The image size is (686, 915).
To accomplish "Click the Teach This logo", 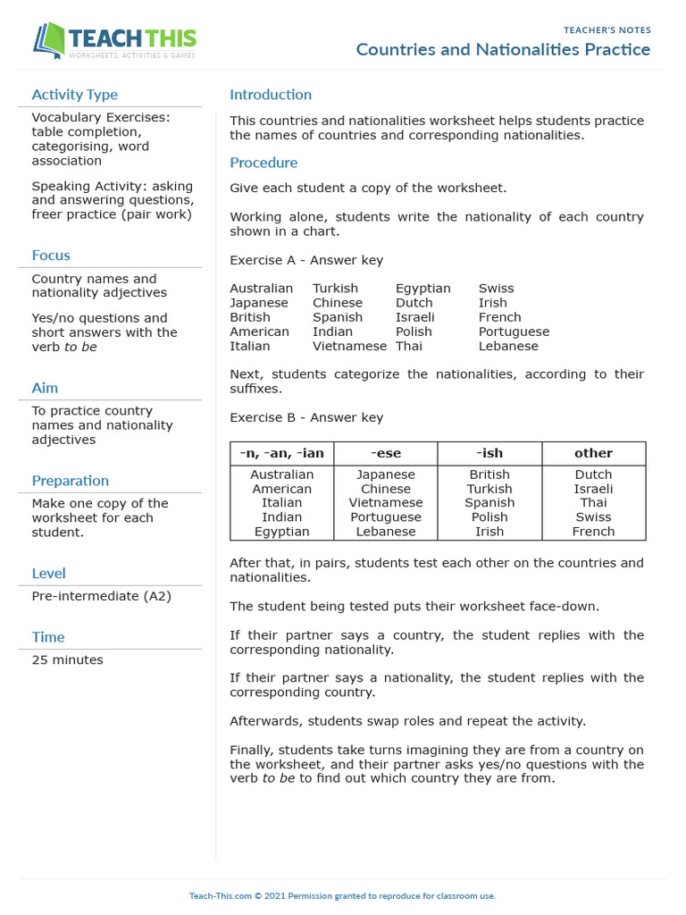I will [115, 40].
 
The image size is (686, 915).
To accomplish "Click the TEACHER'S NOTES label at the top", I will [607, 30].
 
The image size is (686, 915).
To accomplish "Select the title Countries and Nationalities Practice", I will [503, 49].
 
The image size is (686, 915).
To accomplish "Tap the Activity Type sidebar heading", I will [74, 95].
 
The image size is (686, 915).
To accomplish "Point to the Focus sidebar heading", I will [51, 256].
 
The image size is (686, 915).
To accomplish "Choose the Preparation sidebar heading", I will [71, 481].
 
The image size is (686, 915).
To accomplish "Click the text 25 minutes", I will [67, 660].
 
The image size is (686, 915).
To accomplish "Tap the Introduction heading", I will [271, 95].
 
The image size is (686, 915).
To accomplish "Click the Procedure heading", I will [264, 163].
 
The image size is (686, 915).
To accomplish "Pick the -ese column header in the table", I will [386, 453].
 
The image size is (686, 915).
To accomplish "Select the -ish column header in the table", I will [489, 453].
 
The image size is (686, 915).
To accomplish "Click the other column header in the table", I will [593, 453].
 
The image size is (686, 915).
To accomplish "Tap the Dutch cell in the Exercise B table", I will [593, 474].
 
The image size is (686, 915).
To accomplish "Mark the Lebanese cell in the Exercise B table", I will [386, 532].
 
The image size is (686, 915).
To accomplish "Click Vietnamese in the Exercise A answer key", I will [349, 346].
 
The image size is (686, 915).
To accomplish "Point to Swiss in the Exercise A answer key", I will [496, 289].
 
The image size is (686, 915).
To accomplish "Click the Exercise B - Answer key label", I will [306, 417].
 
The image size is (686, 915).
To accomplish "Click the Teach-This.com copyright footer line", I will [342, 895].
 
